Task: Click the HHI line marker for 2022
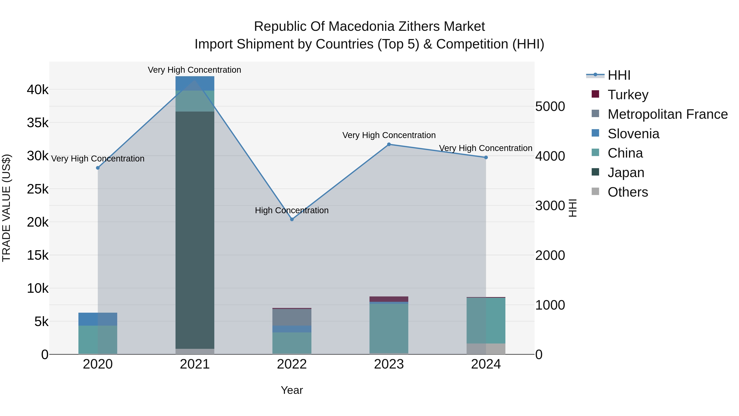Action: point(292,219)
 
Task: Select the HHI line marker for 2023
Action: point(389,144)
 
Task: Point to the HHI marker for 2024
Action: point(486,157)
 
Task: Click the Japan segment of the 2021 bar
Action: point(195,230)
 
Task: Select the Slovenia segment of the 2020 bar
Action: point(98,319)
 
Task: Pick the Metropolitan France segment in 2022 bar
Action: point(292,317)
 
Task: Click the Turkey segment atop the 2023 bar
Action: point(389,299)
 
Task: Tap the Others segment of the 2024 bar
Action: point(486,349)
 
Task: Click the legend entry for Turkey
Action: point(628,95)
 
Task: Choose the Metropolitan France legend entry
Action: point(667,114)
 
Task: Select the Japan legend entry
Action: point(626,173)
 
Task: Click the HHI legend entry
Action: point(619,75)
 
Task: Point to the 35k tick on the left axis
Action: point(38,123)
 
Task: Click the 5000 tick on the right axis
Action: point(550,106)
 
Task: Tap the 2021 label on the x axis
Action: point(195,364)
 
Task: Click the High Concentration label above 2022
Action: point(292,210)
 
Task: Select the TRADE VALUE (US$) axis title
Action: point(7,208)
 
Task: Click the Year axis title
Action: point(292,390)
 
